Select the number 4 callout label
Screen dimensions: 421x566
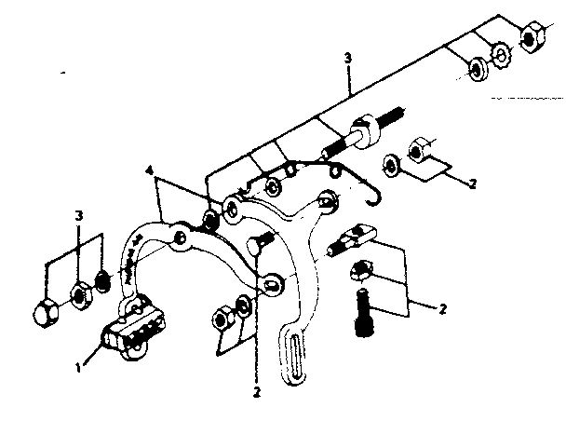148,170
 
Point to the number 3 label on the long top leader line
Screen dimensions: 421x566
346,58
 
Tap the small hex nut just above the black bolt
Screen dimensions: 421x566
361,272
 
